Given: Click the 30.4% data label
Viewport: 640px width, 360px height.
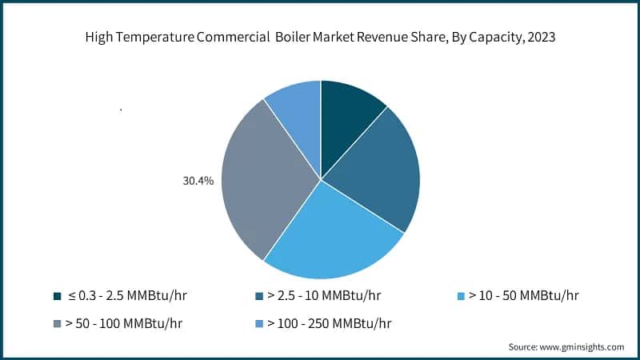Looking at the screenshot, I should point(198,182).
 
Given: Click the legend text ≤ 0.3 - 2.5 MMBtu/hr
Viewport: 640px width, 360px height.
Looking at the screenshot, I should point(128,296).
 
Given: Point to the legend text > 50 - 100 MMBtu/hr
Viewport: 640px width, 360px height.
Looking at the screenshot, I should point(129,323).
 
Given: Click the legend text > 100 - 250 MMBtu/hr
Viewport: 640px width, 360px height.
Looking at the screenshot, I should point(329,323).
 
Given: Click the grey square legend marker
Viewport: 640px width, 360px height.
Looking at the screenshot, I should point(58,323).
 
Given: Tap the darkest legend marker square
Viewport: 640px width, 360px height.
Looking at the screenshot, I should point(58,296).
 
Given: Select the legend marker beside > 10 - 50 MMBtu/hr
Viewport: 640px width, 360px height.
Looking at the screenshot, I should point(462,296).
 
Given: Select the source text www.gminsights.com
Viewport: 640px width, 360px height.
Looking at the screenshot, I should point(582,346).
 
